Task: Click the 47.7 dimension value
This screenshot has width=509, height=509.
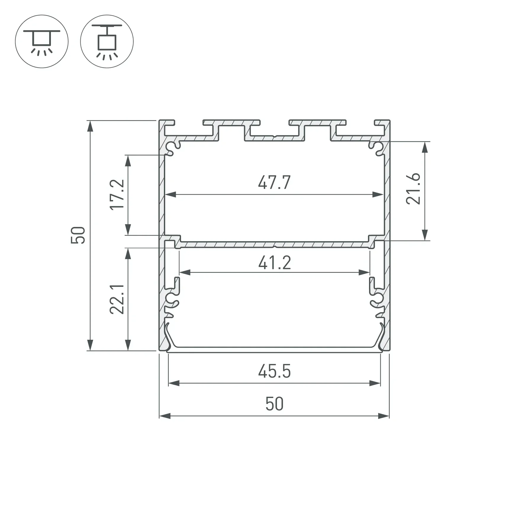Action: (274, 183)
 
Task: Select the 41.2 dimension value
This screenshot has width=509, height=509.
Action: (274, 263)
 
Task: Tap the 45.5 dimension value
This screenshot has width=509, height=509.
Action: (274, 371)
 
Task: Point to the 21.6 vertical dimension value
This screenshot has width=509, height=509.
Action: (413, 189)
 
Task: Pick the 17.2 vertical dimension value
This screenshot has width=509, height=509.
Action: (117, 195)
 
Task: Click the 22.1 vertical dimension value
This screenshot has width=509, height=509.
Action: (117, 299)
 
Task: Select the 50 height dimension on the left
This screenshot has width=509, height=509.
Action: (78, 235)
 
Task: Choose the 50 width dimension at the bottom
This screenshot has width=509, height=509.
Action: (274, 404)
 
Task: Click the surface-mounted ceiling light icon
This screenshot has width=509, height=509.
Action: (42, 41)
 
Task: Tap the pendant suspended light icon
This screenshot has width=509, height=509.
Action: (107, 41)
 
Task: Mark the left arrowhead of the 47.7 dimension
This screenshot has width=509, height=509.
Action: (170, 194)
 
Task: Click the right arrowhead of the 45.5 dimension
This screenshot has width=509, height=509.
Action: (375, 383)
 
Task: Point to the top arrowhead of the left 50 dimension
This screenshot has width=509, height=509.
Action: (90, 126)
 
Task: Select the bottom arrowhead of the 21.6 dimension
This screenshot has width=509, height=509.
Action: (425, 235)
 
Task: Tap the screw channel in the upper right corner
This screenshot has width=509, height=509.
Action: (377, 147)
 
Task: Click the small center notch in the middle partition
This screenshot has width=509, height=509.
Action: (274, 246)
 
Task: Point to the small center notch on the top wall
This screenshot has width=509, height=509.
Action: (274, 136)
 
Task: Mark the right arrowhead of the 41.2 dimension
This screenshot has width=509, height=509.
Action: (364, 272)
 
